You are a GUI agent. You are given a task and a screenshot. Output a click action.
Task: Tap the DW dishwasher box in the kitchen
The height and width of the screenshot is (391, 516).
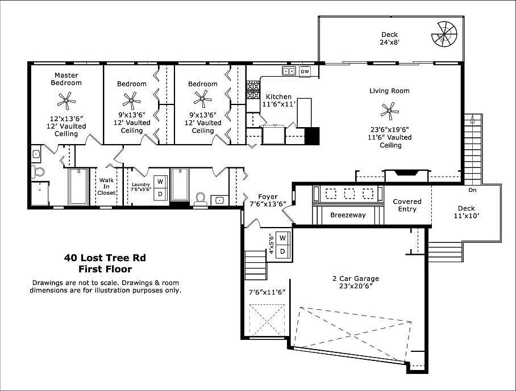click(305, 72)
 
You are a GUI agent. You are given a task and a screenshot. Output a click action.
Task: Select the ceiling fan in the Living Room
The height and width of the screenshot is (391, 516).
click(390, 110)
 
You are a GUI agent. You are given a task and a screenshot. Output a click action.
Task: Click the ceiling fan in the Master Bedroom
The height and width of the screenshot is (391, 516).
click(66, 101)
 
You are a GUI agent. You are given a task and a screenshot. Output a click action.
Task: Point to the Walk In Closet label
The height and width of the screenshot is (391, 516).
click(106, 186)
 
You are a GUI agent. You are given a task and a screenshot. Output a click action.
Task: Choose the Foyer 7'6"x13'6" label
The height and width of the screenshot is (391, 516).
click(268, 200)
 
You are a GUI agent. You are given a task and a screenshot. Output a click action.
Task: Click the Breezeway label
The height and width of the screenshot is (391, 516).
click(348, 215)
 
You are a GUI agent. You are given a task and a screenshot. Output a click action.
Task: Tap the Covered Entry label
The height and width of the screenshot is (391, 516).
click(407, 205)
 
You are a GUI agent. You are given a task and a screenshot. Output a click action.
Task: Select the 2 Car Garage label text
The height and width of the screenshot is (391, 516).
click(356, 283)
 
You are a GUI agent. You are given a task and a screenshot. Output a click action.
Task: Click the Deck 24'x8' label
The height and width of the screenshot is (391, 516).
click(389, 38)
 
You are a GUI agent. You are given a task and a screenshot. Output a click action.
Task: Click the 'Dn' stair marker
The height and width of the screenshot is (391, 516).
click(472, 190)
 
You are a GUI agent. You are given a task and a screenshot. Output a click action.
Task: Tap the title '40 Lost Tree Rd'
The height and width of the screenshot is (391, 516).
click(105, 258)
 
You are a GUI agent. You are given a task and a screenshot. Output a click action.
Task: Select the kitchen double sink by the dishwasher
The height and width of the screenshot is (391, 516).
click(289, 72)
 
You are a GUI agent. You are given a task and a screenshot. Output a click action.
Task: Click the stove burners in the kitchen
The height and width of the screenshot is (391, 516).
click(252, 90)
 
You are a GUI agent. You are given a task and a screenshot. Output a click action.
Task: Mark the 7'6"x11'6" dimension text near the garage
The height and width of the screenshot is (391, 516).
click(267, 292)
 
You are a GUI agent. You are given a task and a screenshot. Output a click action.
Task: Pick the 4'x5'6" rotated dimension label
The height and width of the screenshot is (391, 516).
click(271, 244)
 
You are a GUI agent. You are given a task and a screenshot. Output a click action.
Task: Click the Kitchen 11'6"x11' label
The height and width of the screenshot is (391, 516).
click(278, 100)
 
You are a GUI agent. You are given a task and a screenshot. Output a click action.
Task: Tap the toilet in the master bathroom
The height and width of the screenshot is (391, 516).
click(38, 171)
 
